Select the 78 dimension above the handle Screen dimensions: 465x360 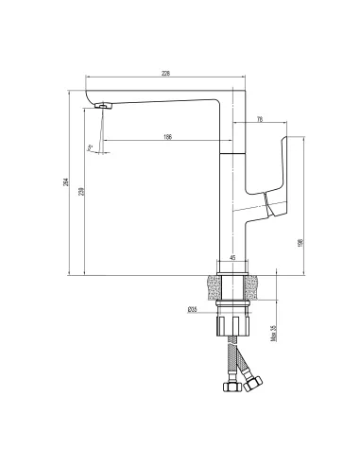pos(260,118)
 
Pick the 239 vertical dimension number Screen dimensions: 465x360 pos(81,191)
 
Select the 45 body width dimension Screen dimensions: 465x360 pos(231,257)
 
